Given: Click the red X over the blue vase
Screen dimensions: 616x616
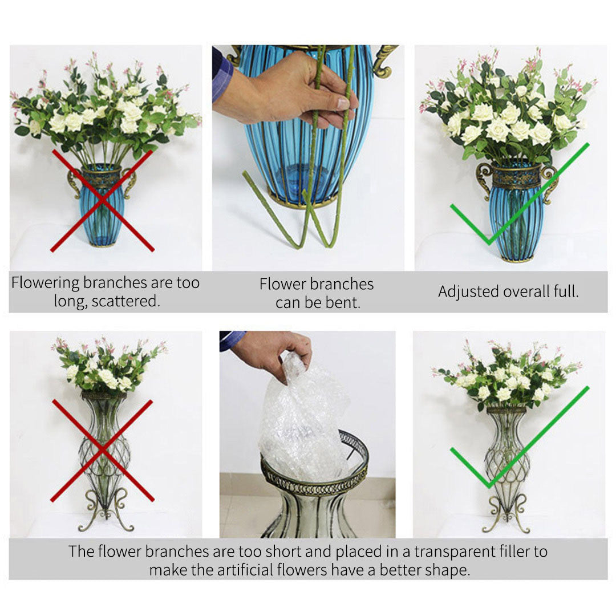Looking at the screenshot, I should pyautogui.click(x=103, y=200).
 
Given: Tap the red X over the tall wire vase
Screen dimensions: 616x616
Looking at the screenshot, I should pyautogui.click(x=103, y=451).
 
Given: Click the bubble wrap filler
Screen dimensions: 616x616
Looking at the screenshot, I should pyautogui.click(x=302, y=422).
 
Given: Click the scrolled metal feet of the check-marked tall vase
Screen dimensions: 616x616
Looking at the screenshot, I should pyautogui.click(x=506, y=513).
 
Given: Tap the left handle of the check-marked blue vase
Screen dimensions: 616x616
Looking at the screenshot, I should pyautogui.click(x=484, y=177).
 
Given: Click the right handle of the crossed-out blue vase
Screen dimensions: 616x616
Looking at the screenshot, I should pyautogui.click(x=131, y=181).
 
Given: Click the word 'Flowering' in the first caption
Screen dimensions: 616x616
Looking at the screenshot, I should pyautogui.click(x=45, y=283).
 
